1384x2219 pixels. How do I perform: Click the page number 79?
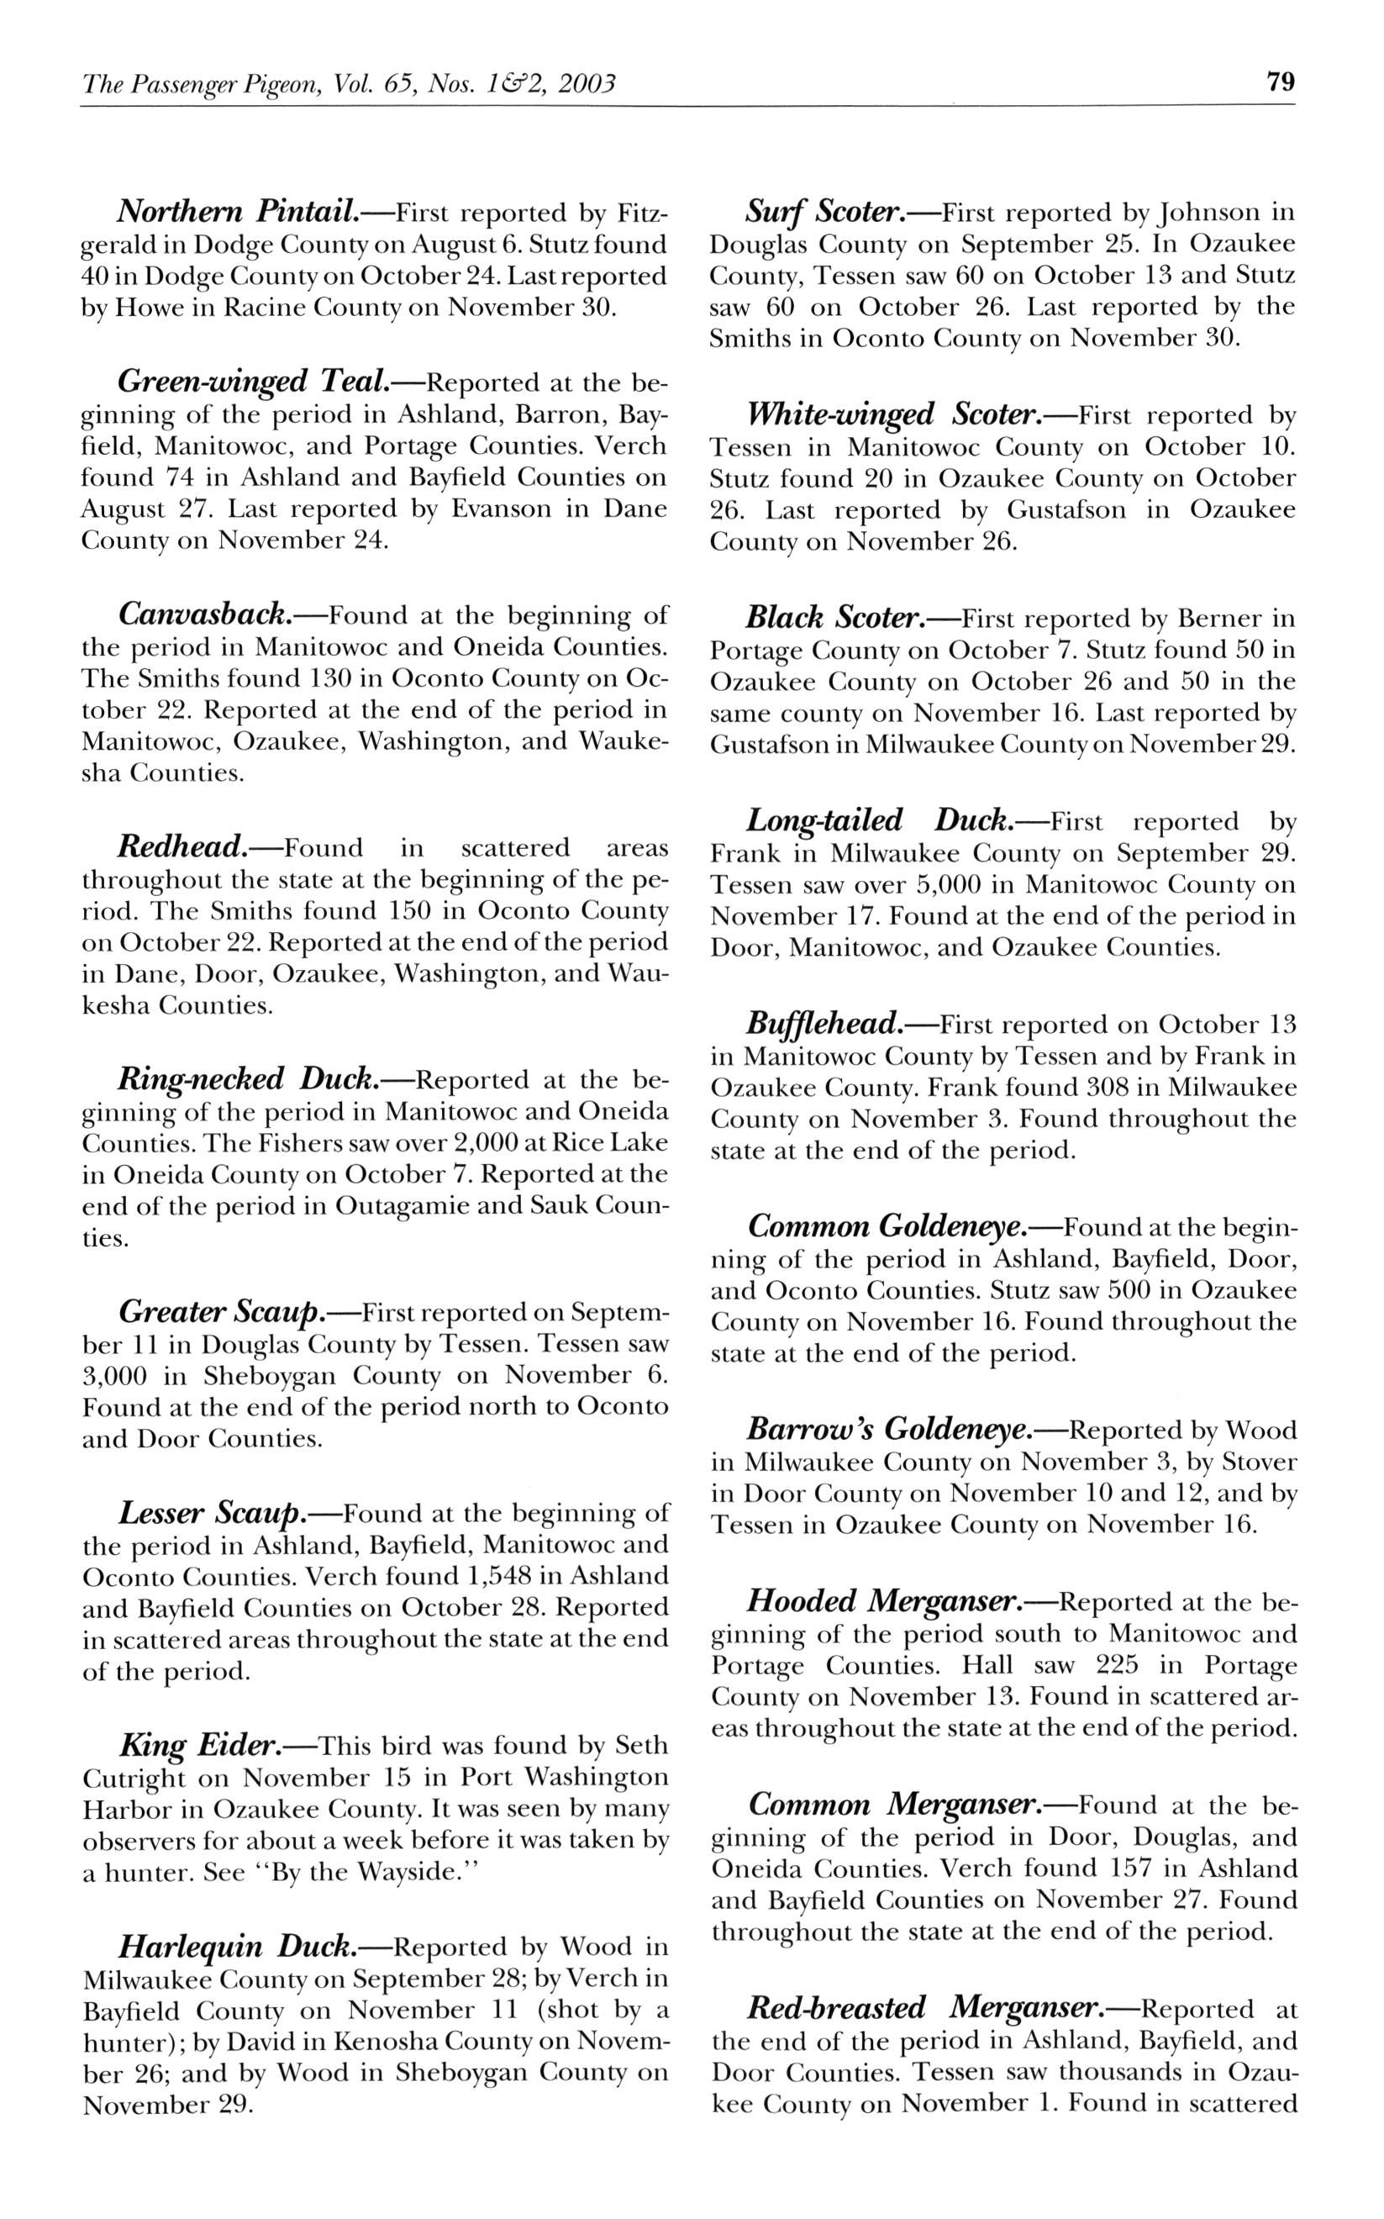click(x=1281, y=82)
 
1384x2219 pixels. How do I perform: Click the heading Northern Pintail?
click(x=237, y=213)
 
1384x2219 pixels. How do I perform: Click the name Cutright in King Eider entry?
click(x=133, y=1778)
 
